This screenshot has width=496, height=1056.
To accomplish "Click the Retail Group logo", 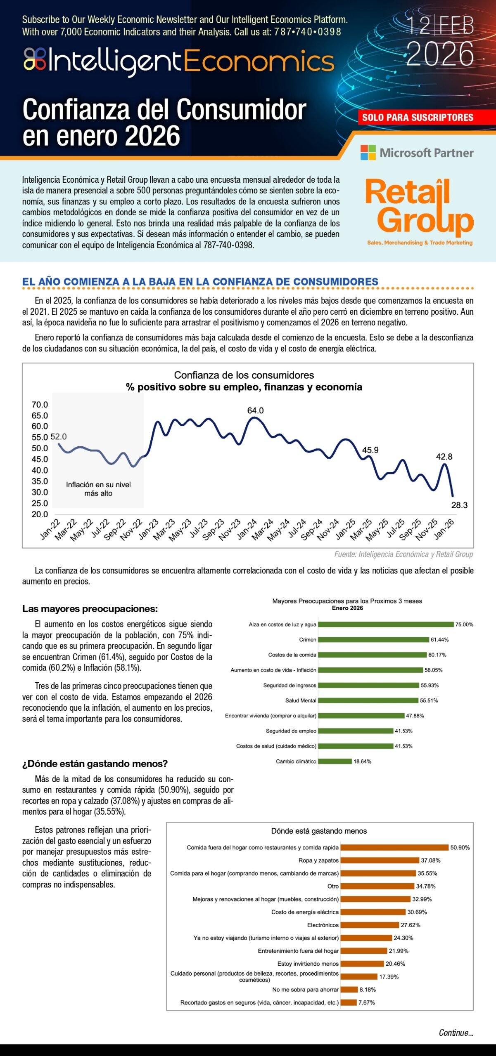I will click(419, 211).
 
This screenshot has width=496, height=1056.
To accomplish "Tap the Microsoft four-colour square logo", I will click(368, 153).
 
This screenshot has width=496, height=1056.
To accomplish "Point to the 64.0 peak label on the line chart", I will click(255, 410).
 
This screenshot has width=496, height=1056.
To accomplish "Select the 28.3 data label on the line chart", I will click(459, 505).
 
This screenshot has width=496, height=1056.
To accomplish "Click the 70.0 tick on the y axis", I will click(40, 405).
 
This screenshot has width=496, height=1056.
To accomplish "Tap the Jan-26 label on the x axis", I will click(444, 530).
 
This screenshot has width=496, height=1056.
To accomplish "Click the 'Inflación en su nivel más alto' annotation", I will click(98, 489).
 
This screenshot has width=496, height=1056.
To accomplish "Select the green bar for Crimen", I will click(373, 640).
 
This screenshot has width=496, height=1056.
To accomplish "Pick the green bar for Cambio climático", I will click(335, 761).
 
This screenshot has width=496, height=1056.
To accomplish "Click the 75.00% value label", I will click(464, 625).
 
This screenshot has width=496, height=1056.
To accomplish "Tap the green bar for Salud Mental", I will click(368, 700).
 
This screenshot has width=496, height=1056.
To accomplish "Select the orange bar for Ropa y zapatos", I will click(380, 860).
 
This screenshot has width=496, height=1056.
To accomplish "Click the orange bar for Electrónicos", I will click(370, 925).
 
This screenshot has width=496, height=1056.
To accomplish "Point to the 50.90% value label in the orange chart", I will click(460, 848).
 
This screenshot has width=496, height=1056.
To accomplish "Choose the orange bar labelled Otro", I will click(377, 886).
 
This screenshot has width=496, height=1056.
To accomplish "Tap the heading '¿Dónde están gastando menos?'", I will click(95, 764).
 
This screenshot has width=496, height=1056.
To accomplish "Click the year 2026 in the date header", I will click(440, 54).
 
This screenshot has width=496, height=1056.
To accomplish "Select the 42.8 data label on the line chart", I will click(444, 457).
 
